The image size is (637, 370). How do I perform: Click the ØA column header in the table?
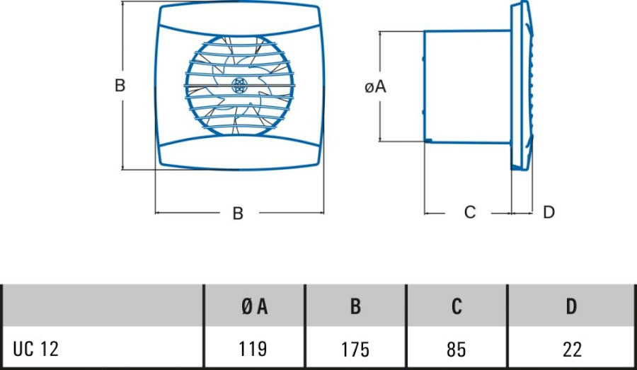(254, 306)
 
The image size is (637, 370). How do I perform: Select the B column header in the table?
(355, 306)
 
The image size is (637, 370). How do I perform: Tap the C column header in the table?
(457, 306)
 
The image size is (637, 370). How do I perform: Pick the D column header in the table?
(571, 306)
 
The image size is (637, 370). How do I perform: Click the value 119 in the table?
(254, 349)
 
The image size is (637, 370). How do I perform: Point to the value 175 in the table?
(355, 349)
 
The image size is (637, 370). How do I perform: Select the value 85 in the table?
(457, 349)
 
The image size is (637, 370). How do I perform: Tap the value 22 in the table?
(571, 349)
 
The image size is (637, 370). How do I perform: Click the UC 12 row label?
(36, 349)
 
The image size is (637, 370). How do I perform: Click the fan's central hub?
(239, 86)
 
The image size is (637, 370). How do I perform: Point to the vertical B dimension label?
(120, 86)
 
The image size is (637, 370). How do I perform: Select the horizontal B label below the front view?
(238, 213)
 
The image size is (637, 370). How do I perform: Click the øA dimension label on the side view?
(374, 87)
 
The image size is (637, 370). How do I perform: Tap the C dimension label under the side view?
(470, 212)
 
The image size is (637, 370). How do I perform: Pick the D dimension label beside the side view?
(549, 212)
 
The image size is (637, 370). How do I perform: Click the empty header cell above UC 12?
(103, 306)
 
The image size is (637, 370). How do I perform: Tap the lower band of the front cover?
(239, 152)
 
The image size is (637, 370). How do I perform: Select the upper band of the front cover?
(239, 21)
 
